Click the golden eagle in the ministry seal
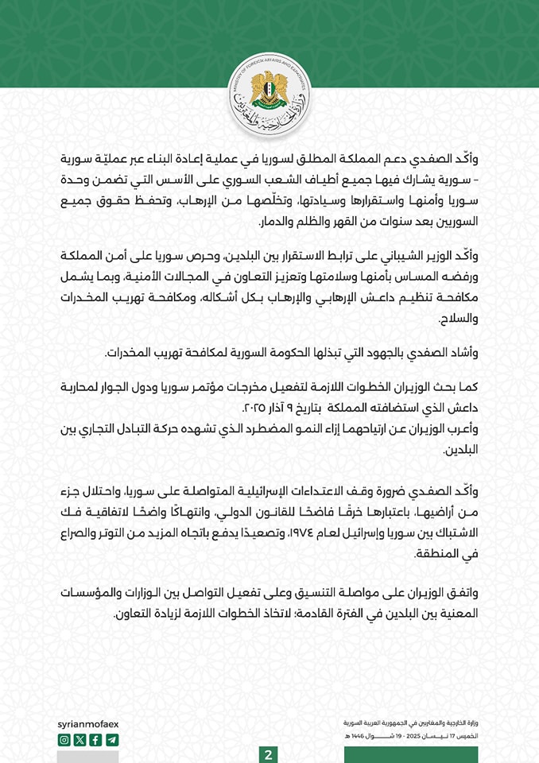pos(269,94)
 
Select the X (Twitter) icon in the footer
pos(79,740)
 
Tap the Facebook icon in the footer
pos(95,740)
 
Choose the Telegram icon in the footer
pos(111,740)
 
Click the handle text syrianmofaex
pos(88,725)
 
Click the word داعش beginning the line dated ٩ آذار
pos(467,408)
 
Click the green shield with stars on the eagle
pos(269,97)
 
